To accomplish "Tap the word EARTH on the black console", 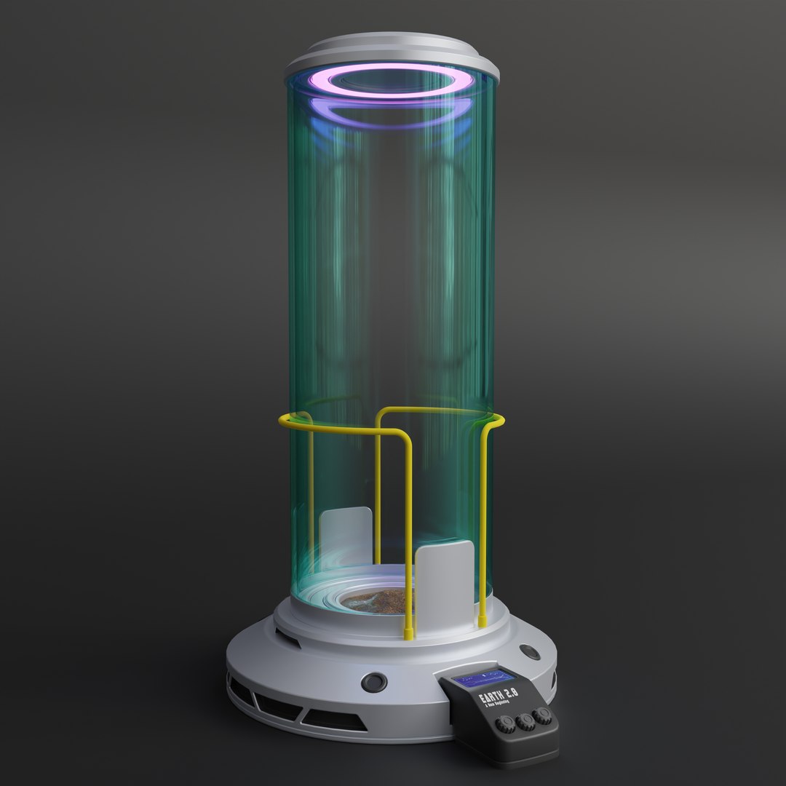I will [x=490, y=698].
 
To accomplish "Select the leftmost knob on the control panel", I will [x=507, y=725].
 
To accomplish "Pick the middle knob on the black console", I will [x=525, y=721].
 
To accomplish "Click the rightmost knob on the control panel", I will [x=542, y=715].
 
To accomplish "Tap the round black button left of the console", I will [x=375, y=683].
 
